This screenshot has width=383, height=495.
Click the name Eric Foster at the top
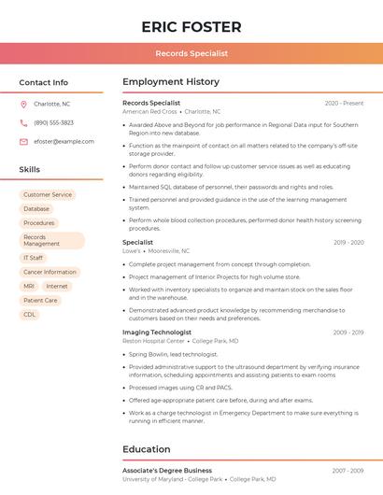[x=191, y=27]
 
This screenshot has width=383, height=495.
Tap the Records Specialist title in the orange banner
[x=191, y=54]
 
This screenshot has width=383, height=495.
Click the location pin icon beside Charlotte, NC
[x=23, y=104]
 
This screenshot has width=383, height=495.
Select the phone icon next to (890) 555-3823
[x=23, y=122]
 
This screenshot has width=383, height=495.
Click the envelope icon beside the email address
[x=23, y=141]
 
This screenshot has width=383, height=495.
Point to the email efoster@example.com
[x=64, y=141]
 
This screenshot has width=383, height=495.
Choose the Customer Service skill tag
[x=48, y=194]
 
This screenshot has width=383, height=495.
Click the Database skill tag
[x=36, y=208]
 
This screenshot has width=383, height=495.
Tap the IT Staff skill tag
[x=34, y=258]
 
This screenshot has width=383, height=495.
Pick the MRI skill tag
[x=29, y=286]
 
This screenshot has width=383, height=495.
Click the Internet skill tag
[x=57, y=286]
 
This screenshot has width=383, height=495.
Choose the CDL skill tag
[x=30, y=315]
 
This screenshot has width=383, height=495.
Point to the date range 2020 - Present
[x=344, y=103]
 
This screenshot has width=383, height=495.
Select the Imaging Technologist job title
[x=157, y=332]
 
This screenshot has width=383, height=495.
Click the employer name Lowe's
[x=132, y=250]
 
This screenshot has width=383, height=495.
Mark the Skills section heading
[x=30, y=169]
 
